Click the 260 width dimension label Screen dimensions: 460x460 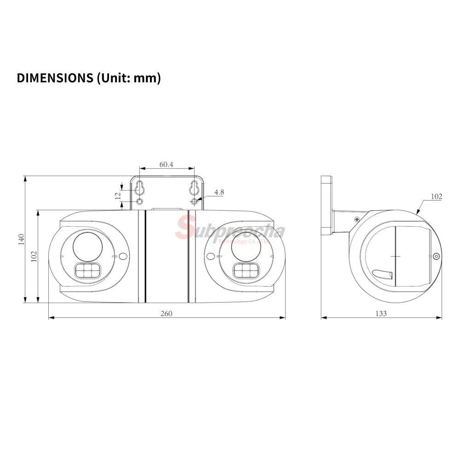click(x=167, y=314)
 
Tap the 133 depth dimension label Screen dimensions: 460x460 click(x=381, y=314)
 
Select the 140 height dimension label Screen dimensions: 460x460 click(x=21, y=239)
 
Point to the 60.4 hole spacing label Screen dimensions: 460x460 click(x=167, y=164)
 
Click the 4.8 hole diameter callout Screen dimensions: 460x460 click(x=219, y=192)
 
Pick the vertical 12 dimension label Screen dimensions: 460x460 click(x=118, y=195)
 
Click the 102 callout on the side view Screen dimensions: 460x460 click(x=436, y=196)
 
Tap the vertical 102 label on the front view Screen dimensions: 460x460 click(x=34, y=256)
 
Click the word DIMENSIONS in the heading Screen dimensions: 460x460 click(x=55, y=78)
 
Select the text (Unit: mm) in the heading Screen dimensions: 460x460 click(x=129, y=78)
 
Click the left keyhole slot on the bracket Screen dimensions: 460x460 click(x=140, y=188)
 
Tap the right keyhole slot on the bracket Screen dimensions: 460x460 click(x=194, y=188)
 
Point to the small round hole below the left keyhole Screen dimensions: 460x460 click(x=140, y=201)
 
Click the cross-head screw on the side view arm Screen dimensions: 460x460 click(x=357, y=219)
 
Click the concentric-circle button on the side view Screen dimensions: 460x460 click(x=437, y=256)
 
